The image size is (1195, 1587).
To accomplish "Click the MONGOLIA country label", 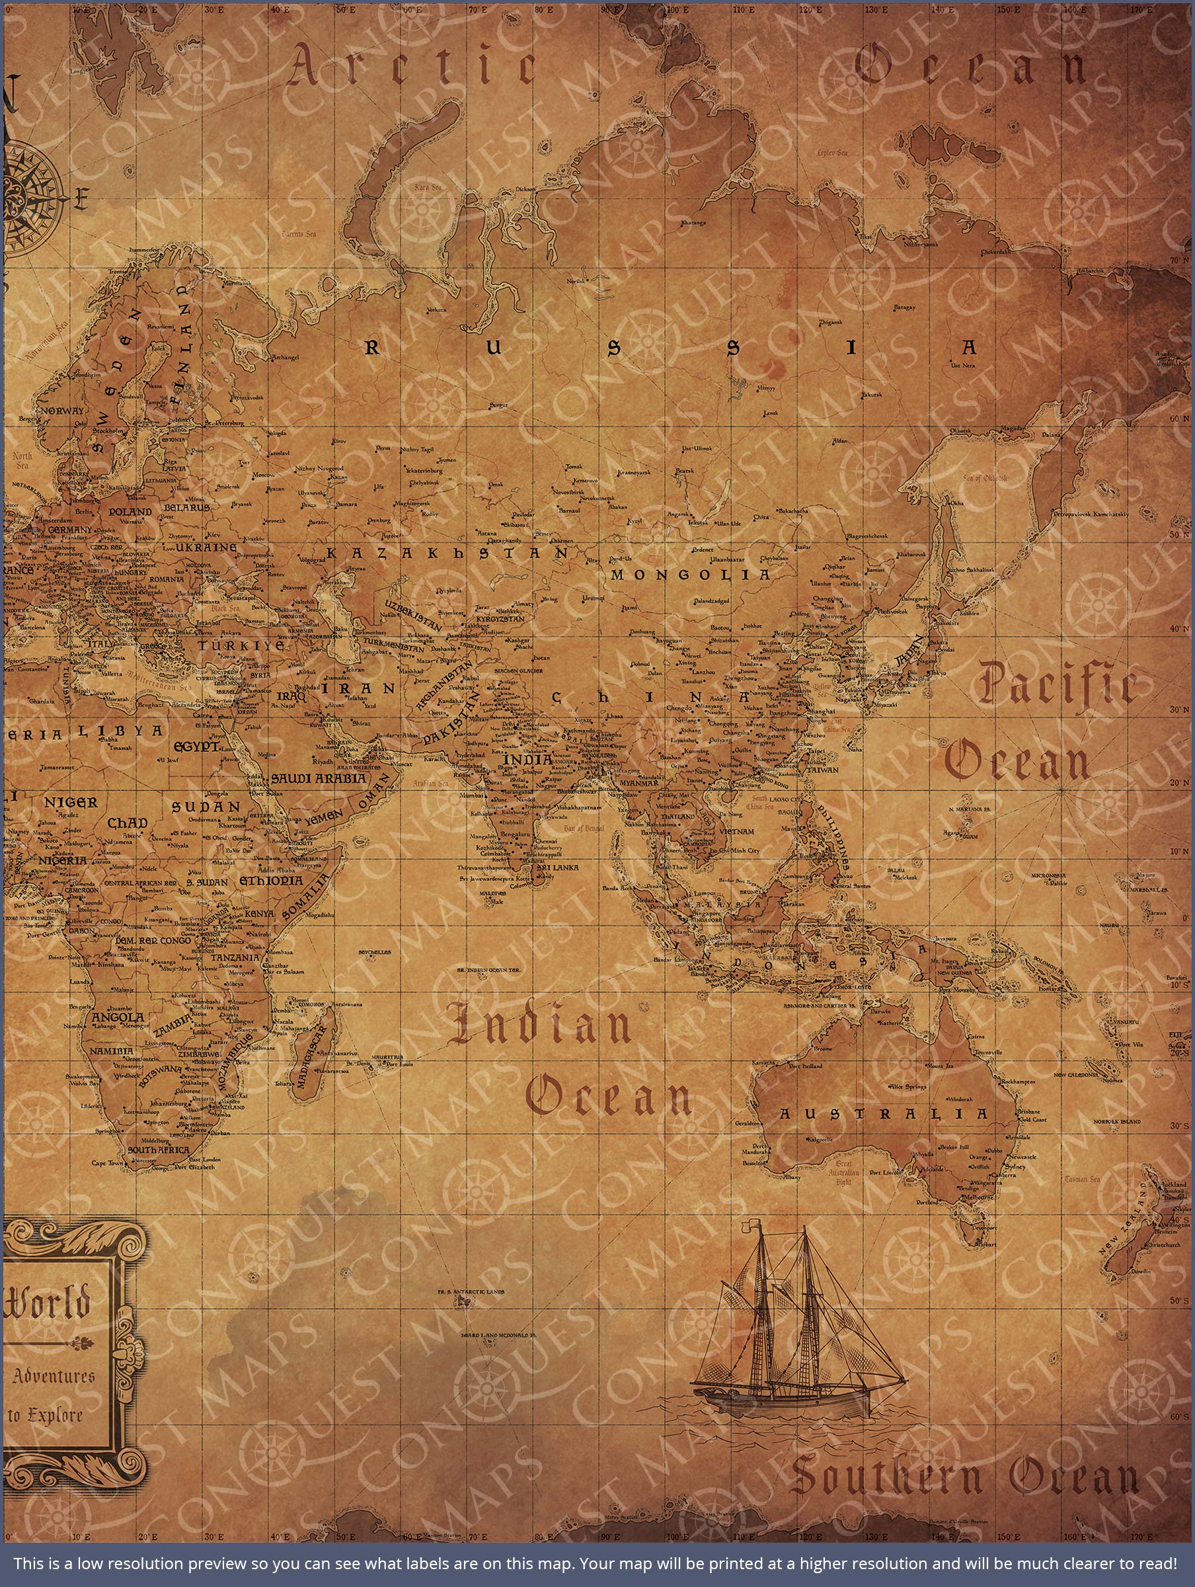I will click(689, 575).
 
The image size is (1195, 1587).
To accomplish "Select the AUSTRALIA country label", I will click(884, 1114).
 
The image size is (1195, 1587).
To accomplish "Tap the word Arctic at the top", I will click(412, 71).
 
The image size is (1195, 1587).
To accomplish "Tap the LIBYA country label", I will click(120, 731).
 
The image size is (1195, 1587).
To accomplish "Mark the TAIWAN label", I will click(822, 770).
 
